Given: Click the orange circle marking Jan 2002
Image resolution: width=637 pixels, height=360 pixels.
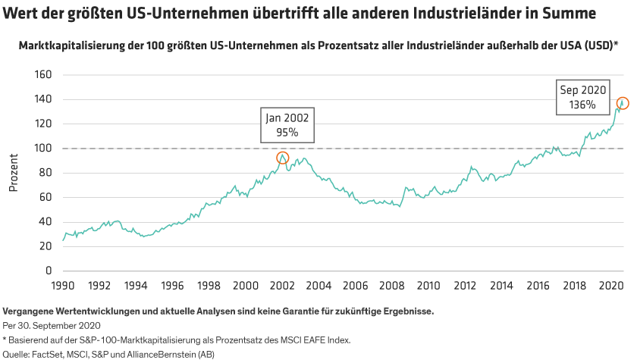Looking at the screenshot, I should click(283, 158).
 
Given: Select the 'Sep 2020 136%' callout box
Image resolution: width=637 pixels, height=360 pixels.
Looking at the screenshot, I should click(583, 97).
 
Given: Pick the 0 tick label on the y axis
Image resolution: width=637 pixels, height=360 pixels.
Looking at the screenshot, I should click(47, 271).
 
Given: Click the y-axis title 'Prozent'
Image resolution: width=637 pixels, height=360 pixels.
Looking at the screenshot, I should click(13, 173).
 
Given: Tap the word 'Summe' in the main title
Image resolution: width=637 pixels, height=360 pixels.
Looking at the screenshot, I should click(570, 14).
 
